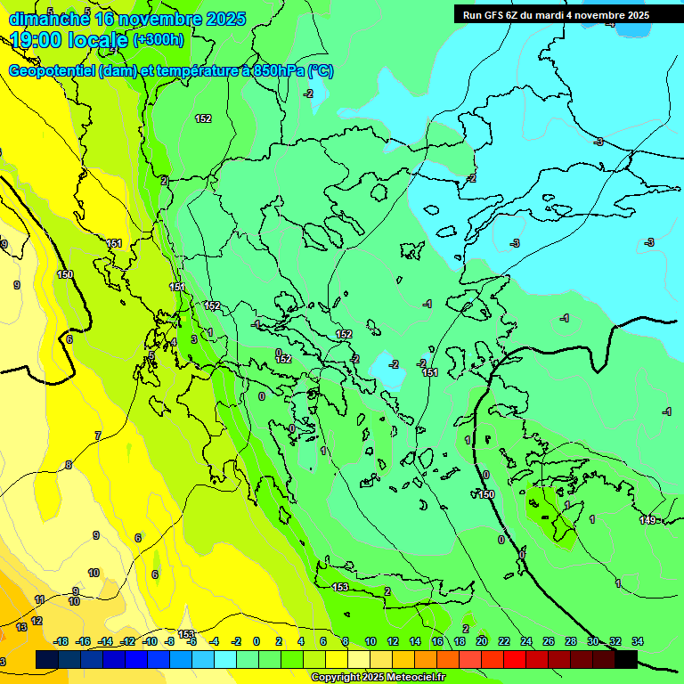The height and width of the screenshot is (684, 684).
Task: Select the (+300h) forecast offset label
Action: pyautogui.click(x=159, y=40)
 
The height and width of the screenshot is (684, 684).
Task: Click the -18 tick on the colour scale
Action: pyautogui.click(x=61, y=641)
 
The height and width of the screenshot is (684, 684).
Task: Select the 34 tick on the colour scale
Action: pyautogui.click(x=637, y=641)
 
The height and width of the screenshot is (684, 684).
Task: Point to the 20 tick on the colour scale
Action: pyautogui.click(x=481, y=641)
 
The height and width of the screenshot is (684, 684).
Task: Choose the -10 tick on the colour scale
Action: pyautogui.click(x=150, y=641)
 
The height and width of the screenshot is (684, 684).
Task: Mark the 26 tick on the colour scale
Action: pyautogui.click(x=548, y=641)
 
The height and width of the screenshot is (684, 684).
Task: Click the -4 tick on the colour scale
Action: pyautogui.click(x=215, y=641)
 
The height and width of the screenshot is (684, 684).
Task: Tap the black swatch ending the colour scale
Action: pyautogui.click(x=626, y=659)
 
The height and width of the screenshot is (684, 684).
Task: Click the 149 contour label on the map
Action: pyautogui.click(x=647, y=520)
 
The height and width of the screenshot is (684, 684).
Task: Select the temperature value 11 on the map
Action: pyautogui.click(x=39, y=599)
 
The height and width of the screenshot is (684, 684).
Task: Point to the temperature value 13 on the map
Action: pyautogui.click(x=21, y=627)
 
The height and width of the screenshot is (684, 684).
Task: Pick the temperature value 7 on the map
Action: pyautogui.click(x=98, y=436)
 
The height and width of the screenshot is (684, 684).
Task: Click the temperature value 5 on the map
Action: pyautogui.click(x=151, y=355)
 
